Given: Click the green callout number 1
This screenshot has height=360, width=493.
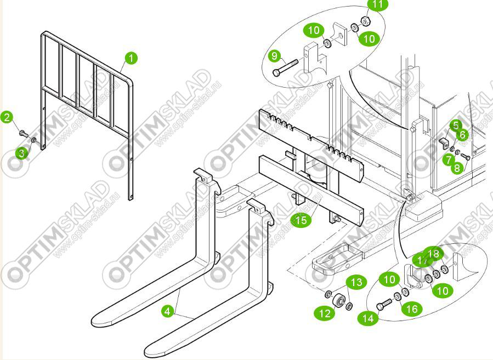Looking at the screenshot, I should coord(132,58).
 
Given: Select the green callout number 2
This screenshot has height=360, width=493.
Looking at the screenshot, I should coord(7,117).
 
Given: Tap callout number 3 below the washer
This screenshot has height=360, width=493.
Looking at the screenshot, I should coord(21,153).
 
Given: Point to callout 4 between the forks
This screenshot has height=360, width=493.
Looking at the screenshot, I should coord(168,311).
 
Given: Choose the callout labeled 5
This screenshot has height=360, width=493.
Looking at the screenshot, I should coord(456,125).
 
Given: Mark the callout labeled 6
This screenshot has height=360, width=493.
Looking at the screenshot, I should coord(462,134).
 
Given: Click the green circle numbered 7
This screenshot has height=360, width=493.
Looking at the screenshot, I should coord(449,159).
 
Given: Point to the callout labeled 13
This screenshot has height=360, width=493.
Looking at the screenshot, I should coord(356,283).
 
